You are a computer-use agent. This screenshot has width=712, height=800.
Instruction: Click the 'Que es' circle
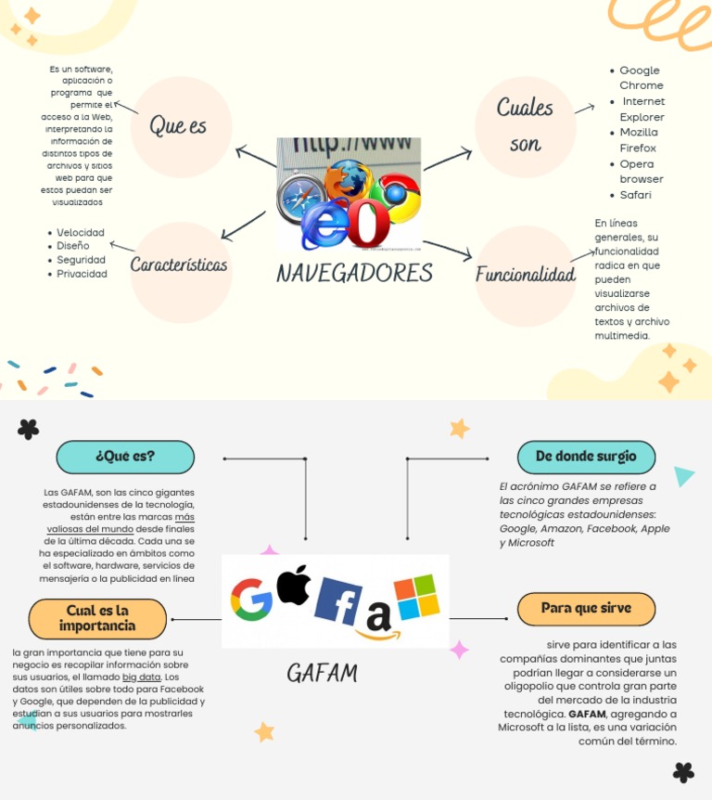pyautogui.click(x=181, y=127)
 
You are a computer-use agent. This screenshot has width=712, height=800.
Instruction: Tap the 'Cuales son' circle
pyautogui.click(x=525, y=126)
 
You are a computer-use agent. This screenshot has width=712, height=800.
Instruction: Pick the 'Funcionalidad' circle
pyautogui.click(x=525, y=276)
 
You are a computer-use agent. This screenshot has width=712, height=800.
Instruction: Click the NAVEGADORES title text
pyautogui.click(x=354, y=273)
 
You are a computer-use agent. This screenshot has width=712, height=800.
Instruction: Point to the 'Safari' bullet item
pyautogui.click(x=635, y=195)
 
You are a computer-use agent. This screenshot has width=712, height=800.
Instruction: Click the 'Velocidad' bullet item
pyautogui.click(x=80, y=232)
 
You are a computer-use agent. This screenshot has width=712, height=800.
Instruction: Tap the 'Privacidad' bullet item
pyautogui.click(x=82, y=274)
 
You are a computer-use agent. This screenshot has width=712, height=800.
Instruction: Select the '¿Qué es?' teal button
pyautogui.click(x=125, y=457)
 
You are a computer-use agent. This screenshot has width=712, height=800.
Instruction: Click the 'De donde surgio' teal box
pyautogui.click(x=586, y=457)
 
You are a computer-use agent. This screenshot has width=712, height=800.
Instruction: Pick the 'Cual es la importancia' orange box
pyautogui.click(x=97, y=618)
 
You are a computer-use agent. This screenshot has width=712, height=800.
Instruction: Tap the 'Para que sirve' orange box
pyautogui.click(x=586, y=609)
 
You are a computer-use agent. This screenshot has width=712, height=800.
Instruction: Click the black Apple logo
pyautogui.click(x=294, y=585)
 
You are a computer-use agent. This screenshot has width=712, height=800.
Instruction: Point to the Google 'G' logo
pyautogui.click(x=251, y=600)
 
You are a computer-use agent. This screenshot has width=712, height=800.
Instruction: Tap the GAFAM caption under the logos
pyautogui.click(x=321, y=673)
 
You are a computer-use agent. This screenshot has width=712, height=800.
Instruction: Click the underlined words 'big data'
pyautogui.click(x=141, y=677)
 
